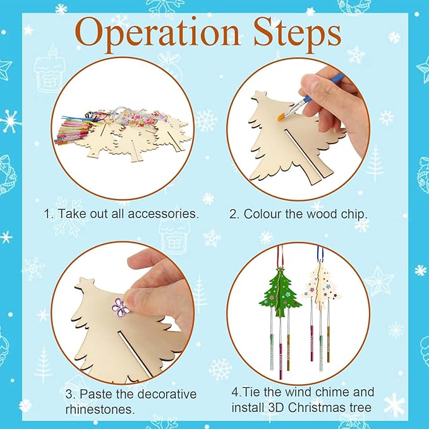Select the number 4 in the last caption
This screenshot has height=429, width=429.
235,392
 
